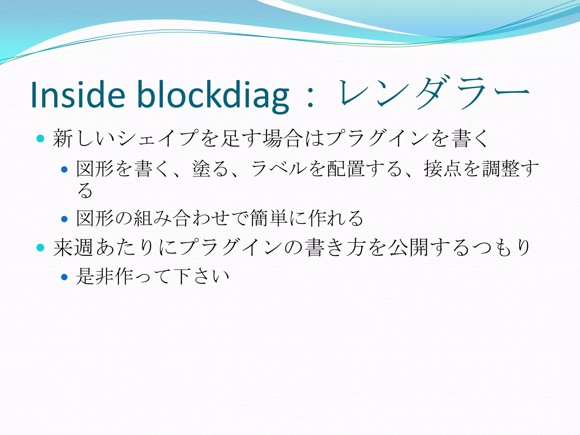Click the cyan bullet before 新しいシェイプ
(x=40, y=138)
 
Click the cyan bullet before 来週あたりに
(x=40, y=248)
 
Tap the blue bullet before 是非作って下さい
(x=65, y=277)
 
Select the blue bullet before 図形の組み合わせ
(x=65, y=219)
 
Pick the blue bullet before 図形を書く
(x=65, y=169)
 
